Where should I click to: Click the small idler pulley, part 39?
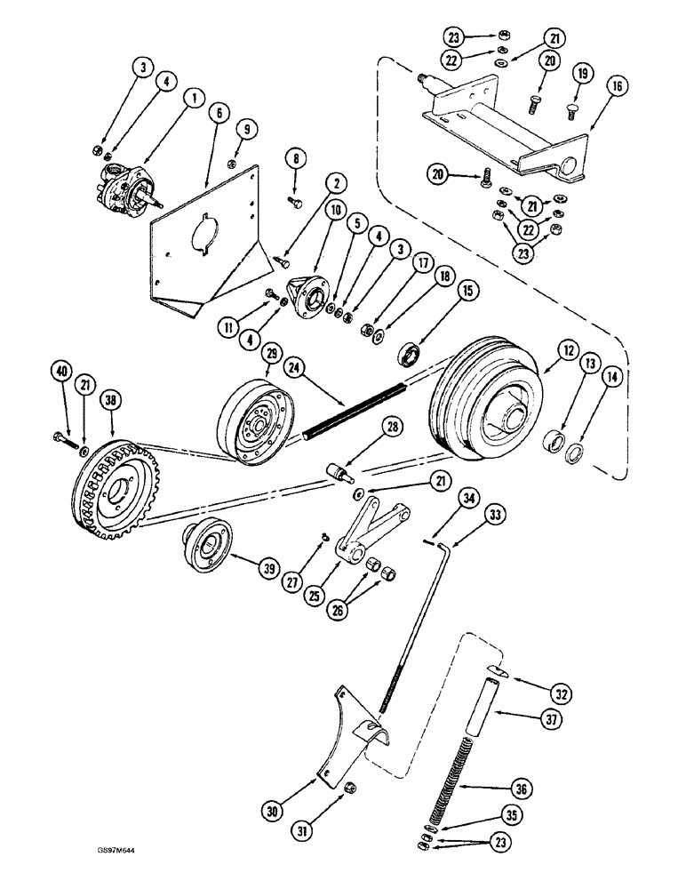pos(207,549)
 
